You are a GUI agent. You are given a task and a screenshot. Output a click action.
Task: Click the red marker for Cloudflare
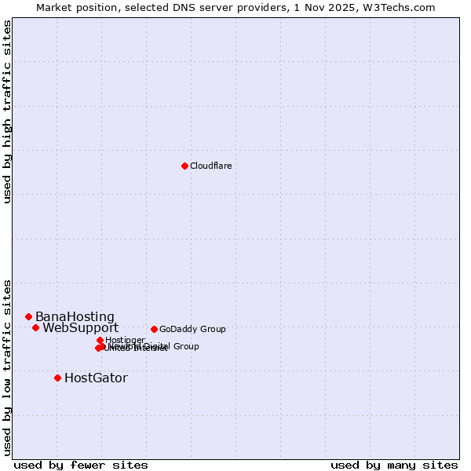184,166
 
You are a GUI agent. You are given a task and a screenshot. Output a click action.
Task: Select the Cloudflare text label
210,166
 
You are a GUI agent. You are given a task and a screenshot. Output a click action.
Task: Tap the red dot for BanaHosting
28,316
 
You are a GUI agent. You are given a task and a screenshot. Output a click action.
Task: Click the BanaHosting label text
75,317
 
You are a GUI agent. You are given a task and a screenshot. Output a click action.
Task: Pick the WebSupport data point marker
35,327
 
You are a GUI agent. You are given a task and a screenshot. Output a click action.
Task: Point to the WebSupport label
80,328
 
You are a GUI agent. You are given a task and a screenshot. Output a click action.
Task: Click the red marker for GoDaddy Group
154,329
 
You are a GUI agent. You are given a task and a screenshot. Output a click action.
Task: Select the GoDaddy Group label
192,330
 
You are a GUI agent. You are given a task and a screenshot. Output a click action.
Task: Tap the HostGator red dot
57,378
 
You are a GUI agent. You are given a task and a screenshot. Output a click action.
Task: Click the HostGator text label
96,378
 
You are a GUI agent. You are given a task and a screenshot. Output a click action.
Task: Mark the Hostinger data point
100,340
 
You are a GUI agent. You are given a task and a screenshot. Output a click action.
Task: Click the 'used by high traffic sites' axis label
8,112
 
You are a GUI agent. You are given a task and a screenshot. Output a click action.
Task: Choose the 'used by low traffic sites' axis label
8,367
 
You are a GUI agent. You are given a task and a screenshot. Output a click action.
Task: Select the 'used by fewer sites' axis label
81,466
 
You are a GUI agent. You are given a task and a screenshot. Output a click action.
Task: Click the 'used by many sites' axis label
394,466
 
